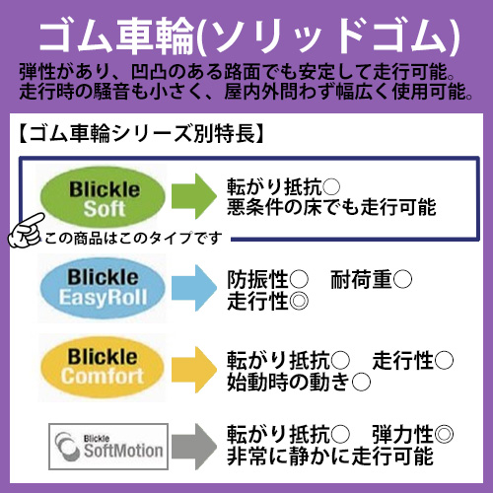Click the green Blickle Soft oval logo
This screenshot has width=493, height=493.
tap(103, 197)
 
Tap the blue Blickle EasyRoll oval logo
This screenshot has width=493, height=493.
tap(103, 288)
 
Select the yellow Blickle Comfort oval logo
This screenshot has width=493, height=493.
tap(103, 368)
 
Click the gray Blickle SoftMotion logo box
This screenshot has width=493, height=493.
tap(108, 447)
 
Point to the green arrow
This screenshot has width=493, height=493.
tap(194, 196)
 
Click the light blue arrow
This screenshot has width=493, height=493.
tap(194, 288)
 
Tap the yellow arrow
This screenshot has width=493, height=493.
tap(194, 370)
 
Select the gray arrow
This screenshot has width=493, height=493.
tap(194, 447)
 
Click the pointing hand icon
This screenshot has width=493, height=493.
tap(26, 231)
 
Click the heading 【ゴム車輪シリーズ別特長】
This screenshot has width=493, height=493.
tap(141, 134)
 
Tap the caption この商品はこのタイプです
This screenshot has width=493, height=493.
tap(133, 238)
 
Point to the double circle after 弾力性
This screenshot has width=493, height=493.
tap(444, 434)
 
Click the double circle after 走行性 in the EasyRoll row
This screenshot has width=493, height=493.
tap(299, 301)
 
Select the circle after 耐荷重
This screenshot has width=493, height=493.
tap(402, 279)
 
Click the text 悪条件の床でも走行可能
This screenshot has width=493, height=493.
tap(331, 207)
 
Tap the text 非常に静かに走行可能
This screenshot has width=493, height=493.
tap(330, 457)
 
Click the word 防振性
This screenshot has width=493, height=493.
tap(257, 279)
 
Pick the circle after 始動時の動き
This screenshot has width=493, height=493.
tap(361, 382)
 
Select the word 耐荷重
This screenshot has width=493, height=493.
tap(361, 279)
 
